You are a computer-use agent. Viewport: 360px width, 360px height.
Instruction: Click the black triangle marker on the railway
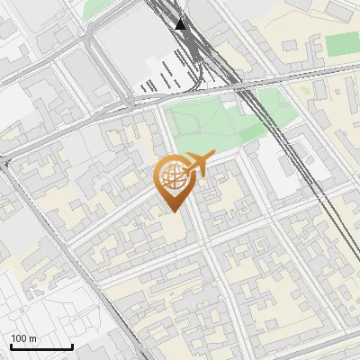coord(182,24)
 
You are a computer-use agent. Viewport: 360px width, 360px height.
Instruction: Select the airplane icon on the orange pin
coord(197,165)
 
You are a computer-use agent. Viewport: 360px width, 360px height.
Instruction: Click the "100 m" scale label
coord(23,338)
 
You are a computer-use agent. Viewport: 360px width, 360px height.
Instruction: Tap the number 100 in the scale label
coord(19,338)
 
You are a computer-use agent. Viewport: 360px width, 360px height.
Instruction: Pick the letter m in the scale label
coord(32,338)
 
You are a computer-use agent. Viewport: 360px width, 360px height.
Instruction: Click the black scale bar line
coord(40,347)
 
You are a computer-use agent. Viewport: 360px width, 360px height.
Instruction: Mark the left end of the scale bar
coord(10,347)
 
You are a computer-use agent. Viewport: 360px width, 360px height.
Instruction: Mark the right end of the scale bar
coord(72,347)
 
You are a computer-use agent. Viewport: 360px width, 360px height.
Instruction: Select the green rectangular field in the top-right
coord(340,44)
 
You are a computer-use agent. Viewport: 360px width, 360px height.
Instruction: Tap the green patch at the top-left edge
coord(94,8)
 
